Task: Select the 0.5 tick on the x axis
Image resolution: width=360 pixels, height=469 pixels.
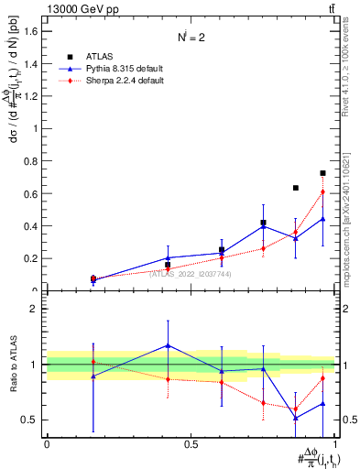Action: click(191, 444)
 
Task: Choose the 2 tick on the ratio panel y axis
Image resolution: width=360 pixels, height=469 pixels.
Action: click(34, 309)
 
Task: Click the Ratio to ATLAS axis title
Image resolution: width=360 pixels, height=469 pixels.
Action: click(12, 365)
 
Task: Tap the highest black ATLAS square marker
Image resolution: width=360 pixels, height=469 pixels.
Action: click(322, 173)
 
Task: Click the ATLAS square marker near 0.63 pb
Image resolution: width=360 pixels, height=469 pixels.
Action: click(295, 188)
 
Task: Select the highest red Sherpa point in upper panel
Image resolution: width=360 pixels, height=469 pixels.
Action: click(322, 191)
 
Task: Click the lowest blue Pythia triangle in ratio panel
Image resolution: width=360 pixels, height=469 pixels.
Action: click(295, 418)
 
